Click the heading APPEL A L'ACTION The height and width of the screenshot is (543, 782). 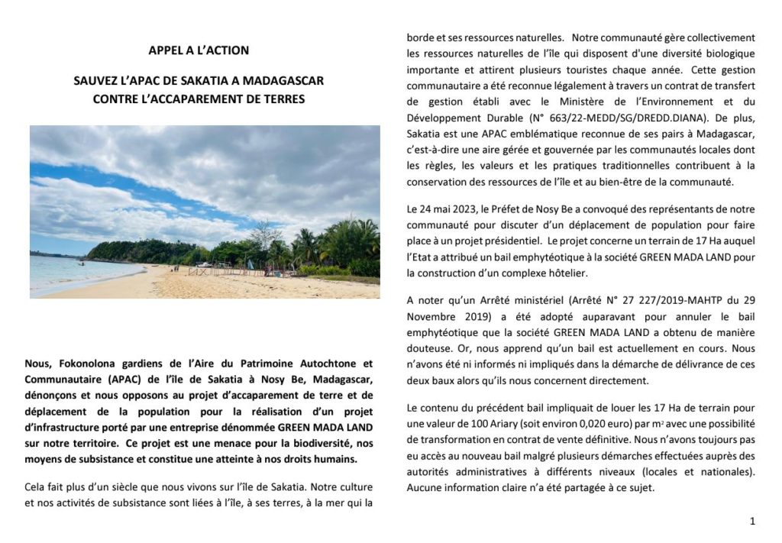coord(199,51)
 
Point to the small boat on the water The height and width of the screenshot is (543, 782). coord(80,263)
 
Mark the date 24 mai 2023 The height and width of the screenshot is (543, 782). coord(438,209)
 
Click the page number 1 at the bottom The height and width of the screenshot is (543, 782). coord(752,522)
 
